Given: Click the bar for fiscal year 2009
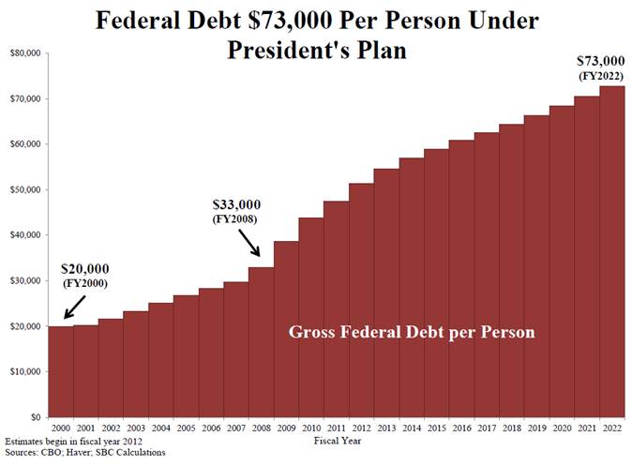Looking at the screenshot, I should coord(286,328).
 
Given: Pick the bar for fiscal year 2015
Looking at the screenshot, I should coord(436,282).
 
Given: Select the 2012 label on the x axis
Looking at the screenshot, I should coord(361,428).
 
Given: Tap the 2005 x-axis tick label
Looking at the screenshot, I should coord(186,428).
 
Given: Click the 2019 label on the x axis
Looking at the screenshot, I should coord(536,428).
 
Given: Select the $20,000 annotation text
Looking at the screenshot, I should coord(86,269).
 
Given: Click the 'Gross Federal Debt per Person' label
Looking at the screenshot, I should coord(412,332).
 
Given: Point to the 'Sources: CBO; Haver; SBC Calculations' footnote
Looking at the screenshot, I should coord(66,451).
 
